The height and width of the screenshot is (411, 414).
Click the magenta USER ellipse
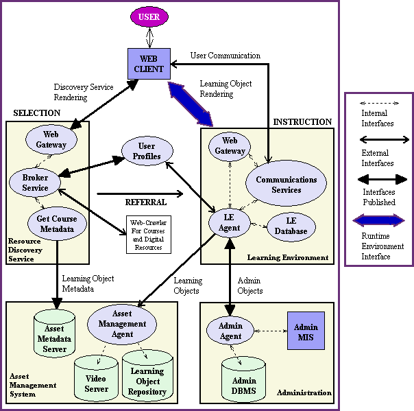click(x=149, y=16)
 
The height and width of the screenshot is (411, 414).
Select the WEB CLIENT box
click(x=149, y=63)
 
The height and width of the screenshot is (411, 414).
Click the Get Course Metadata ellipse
click(x=57, y=224)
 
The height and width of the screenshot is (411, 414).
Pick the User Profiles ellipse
click(x=145, y=151)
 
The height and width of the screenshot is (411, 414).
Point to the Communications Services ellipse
click(x=286, y=185)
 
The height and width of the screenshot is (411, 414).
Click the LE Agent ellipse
click(x=230, y=223)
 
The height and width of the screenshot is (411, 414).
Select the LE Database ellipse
click(x=291, y=225)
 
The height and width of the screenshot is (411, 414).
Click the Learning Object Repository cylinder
click(x=147, y=376)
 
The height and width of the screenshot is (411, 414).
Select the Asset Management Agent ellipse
click(x=123, y=324)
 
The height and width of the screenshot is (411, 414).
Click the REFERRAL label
click(x=146, y=203)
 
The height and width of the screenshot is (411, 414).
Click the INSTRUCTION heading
click(x=302, y=121)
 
